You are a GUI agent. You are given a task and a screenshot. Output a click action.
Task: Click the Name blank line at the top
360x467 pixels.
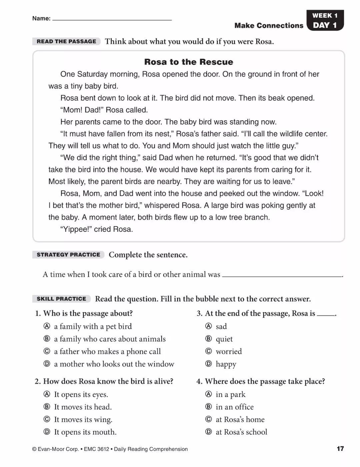[112, 19]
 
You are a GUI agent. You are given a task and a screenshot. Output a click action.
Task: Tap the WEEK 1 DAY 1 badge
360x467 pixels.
[325, 20]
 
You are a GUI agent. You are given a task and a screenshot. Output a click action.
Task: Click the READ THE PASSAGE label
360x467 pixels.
[66, 41]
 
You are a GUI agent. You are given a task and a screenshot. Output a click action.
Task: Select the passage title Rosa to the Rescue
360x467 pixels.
[189, 62]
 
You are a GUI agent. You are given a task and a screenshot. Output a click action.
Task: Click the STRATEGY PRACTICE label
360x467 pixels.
[68, 254]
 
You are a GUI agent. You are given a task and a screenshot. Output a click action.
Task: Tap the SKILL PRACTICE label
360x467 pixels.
[61, 299]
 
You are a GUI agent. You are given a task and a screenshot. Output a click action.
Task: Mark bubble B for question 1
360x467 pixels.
[47, 339]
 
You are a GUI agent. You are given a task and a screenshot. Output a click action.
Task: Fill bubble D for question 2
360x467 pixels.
[47, 432]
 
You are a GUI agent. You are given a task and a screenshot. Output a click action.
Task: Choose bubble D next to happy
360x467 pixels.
[209, 364]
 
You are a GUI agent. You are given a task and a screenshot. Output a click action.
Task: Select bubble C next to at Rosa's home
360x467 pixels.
[209, 419]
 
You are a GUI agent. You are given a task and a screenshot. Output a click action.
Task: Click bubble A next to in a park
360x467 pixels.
[209, 394]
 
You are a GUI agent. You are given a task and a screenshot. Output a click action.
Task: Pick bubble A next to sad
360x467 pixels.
[209, 326]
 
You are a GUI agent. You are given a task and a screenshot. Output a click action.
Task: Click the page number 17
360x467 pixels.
[340, 448]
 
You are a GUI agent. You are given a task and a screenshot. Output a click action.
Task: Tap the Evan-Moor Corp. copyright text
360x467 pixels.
[110, 449]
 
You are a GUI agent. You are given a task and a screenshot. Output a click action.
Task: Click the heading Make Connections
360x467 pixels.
[269, 26]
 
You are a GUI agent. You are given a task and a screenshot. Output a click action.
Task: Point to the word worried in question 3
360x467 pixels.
[229, 351]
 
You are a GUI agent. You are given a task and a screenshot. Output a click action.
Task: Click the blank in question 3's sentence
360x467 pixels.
[326, 314]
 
